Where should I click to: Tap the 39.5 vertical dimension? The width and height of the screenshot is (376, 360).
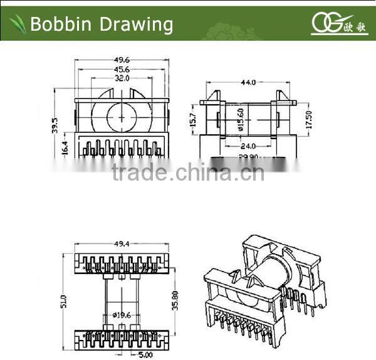55,126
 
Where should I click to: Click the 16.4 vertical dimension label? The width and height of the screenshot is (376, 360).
65,147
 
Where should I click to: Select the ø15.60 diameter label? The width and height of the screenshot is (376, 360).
240,118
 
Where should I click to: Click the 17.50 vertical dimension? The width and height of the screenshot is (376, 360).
308,117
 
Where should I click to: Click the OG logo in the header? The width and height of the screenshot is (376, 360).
325,23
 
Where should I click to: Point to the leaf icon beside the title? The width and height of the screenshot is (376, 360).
18,24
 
